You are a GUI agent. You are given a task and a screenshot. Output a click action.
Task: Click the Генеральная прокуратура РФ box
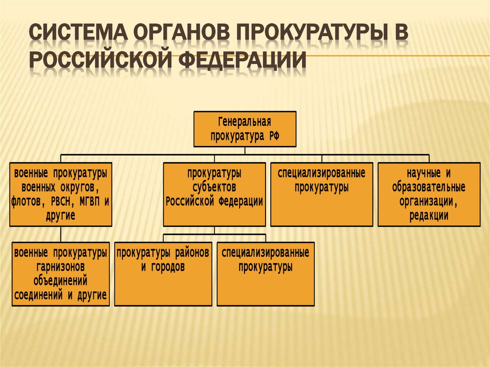pyautogui.click(x=245, y=129)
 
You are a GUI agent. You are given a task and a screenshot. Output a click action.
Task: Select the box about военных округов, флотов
pyautogui.click(x=61, y=194)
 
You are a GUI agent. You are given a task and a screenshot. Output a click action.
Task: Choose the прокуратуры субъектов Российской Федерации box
pyautogui.click(x=214, y=194)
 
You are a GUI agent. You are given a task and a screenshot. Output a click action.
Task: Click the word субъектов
pyautogui.click(x=214, y=187)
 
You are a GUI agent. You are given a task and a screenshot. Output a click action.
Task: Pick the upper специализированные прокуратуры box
pyautogui.click(x=322, y=194)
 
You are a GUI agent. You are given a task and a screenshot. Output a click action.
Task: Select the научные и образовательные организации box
pyautogui.click(x=429, y=194)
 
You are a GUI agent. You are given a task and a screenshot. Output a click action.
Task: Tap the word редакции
pyautogui.click(x=429, y=216)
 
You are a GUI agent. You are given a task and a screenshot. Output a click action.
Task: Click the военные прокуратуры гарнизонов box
pyautogui.click(x=61, y=274)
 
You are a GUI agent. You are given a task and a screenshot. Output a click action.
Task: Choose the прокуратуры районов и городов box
pyautogui.click(x=163, y=274)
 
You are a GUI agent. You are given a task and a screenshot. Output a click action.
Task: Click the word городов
pyautogui.click(x=168, y=267)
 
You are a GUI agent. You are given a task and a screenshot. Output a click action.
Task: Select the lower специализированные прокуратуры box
pyautogui.click(x=266, y=274)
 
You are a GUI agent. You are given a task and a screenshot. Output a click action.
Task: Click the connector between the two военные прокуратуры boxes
pyautogui.click(x=61, y=234)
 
